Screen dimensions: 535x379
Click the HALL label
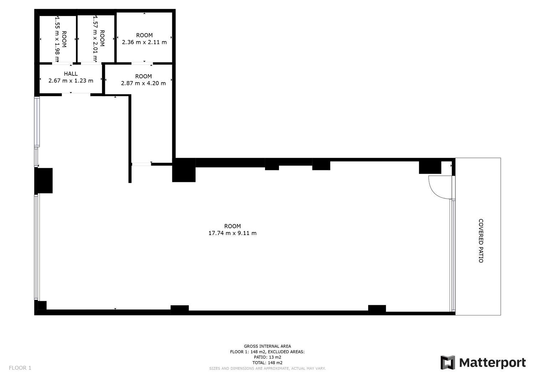click(x=71, y=74)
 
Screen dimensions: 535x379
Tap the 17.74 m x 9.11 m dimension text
click(x=233, y=233)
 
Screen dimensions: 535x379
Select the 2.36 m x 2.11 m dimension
click(x=144, y=42)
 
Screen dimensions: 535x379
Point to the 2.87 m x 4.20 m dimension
click(x=143, y=83)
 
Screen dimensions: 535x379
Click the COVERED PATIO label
click(x=481, y=241)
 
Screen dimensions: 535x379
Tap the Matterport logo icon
click(x=448, y=363)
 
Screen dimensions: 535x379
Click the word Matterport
click(x=493, y=363)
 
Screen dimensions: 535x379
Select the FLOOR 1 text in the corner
click(x=20, y=368)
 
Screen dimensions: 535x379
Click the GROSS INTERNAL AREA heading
click(x=267, y=346)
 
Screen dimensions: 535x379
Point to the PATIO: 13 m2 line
click(x=267, y=357)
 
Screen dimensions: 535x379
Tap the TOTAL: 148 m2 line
click(x=267, y=363)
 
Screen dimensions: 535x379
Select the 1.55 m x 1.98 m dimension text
click(x=57, y=39)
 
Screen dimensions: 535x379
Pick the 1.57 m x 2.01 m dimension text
click(x=95, y=38)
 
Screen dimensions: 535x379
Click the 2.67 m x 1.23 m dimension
click(x=71, y=81)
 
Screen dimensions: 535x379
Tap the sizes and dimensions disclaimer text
click(x=267, y=369)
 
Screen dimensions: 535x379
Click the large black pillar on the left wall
click(x=44, y=181)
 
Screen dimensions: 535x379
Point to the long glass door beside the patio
click(x=452, y=255)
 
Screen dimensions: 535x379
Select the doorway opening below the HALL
click(x=76, y=95)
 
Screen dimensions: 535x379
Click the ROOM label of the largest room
click(x=233, y=226)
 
